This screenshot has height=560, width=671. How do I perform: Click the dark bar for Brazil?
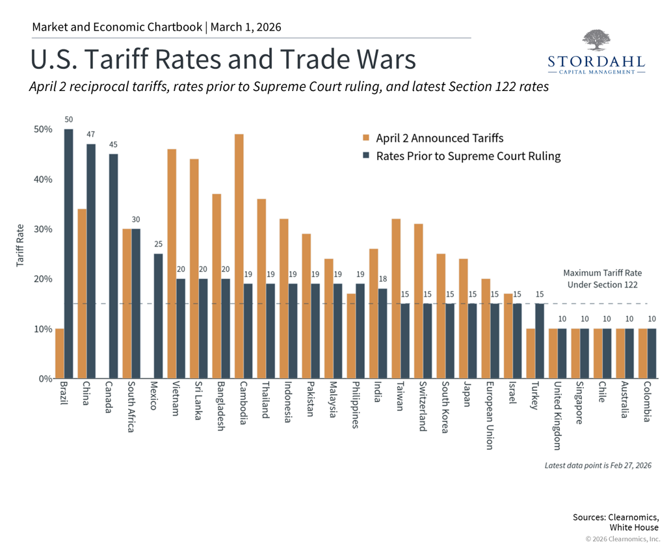(69, 254)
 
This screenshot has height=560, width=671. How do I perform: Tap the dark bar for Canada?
(113, 266)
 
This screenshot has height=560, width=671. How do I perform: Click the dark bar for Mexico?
(158, 316)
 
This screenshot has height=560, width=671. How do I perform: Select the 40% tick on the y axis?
(43, 180)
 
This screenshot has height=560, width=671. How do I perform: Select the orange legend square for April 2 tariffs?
(367, 138)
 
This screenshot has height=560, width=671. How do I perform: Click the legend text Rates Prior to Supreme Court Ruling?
(468, 156)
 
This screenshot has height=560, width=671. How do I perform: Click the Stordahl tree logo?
(596, 40)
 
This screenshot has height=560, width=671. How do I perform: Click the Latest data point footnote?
(598, 466)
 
